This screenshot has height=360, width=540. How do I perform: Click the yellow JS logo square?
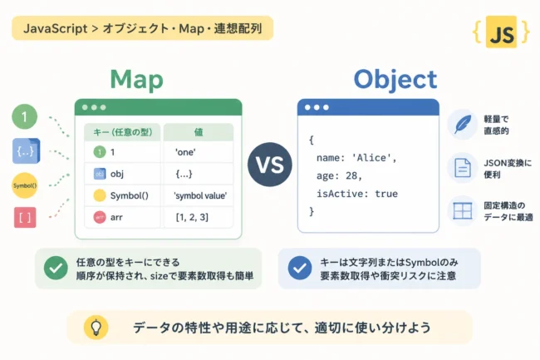click(x=501, y=32)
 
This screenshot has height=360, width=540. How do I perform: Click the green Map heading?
click(x=136, y=81)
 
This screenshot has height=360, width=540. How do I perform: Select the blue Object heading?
click(x=395, y=81)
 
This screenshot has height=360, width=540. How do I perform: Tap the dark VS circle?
click(x=270, y=165)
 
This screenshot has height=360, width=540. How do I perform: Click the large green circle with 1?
click(x=24, y=116)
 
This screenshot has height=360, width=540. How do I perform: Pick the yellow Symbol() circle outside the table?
click(x=24, y=185)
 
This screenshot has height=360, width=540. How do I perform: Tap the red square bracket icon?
click(x=25, y=217)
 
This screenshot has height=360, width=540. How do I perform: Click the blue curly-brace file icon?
click(x=27, y=150)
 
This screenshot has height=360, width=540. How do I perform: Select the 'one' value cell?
click(x=199, y=152)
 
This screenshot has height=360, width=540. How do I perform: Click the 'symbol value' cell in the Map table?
click(x=199, y=195)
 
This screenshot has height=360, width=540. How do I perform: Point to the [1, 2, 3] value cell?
click(x=199, y=217)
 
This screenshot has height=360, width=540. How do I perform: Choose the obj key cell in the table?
click(x=122, y=174)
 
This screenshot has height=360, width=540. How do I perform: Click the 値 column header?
click(x=199, y=132)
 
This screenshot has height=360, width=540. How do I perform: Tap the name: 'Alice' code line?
click(x=356, y=158)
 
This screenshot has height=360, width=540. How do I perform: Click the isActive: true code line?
click(x=357, y=194)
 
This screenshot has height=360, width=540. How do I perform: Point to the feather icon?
click(x=463, y=124)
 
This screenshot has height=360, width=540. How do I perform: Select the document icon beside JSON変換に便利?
click(x=463, y=168)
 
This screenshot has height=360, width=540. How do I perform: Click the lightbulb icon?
click(x=96, y=328)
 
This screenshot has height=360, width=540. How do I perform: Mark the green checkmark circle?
click(x=56, y=268)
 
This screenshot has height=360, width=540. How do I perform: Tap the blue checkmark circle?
click(x=300, y=268)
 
